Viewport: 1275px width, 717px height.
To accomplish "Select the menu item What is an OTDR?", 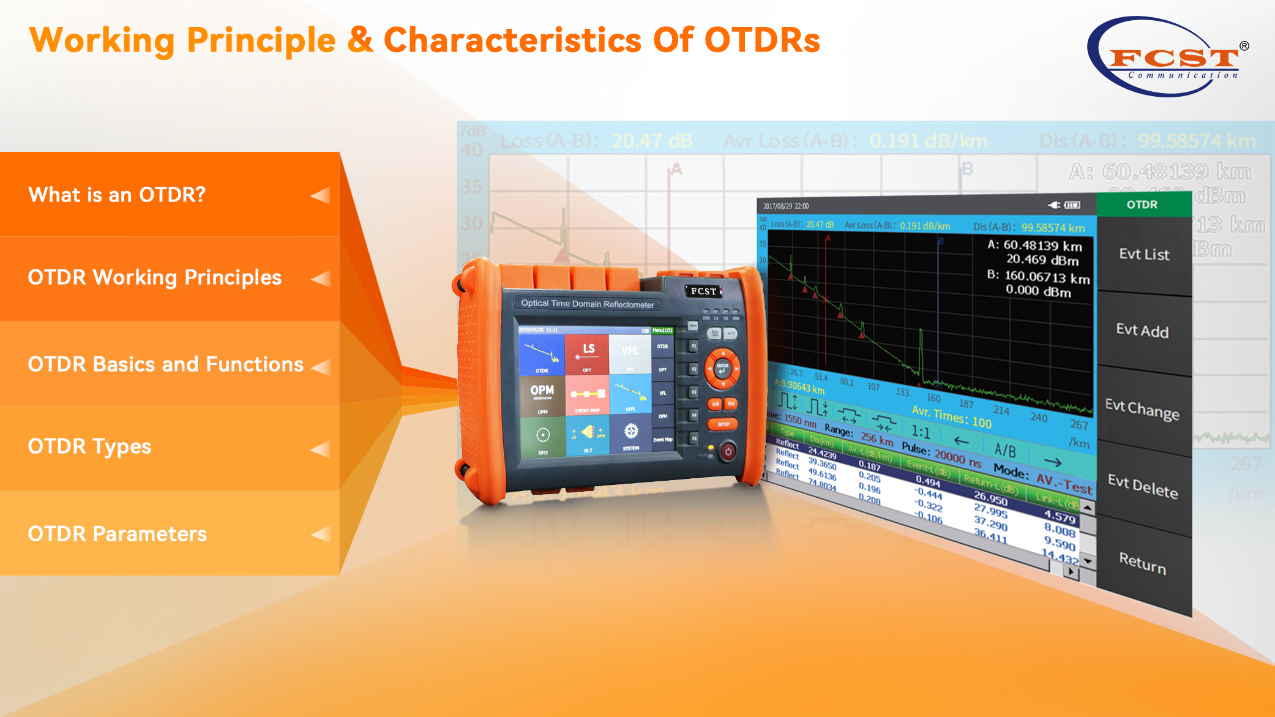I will pos(117,195).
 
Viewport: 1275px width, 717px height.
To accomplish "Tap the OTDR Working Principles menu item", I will pos(154,277).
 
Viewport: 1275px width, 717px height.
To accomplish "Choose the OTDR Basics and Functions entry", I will pos(165,364).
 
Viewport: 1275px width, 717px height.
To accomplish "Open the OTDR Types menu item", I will pos(89,446).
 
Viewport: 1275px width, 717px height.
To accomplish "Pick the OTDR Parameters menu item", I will pos(117,534).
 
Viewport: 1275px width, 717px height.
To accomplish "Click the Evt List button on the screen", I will pos(1143,254).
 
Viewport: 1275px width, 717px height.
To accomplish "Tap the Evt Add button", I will pos(1142,331).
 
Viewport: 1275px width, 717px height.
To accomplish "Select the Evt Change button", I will pos(1142,408).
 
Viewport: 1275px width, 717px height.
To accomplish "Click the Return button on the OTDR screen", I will pos(1142,562).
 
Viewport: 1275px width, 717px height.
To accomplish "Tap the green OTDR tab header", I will pos(1142,205).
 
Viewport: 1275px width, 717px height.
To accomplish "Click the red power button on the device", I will pos(728,452).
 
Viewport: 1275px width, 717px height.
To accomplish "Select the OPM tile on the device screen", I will pos(542,395).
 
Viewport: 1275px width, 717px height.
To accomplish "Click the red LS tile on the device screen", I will pos(588,354).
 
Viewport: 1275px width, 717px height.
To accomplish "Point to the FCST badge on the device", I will pos(703,291).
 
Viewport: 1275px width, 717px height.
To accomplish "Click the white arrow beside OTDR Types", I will pos(320,449).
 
